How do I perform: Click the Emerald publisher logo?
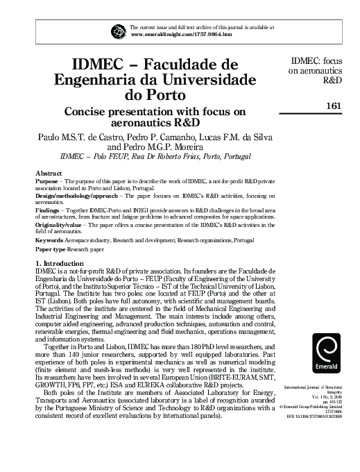(x=327, y=353)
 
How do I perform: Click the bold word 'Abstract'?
(x=49, y=171)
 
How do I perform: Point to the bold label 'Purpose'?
(x=46, y=180)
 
